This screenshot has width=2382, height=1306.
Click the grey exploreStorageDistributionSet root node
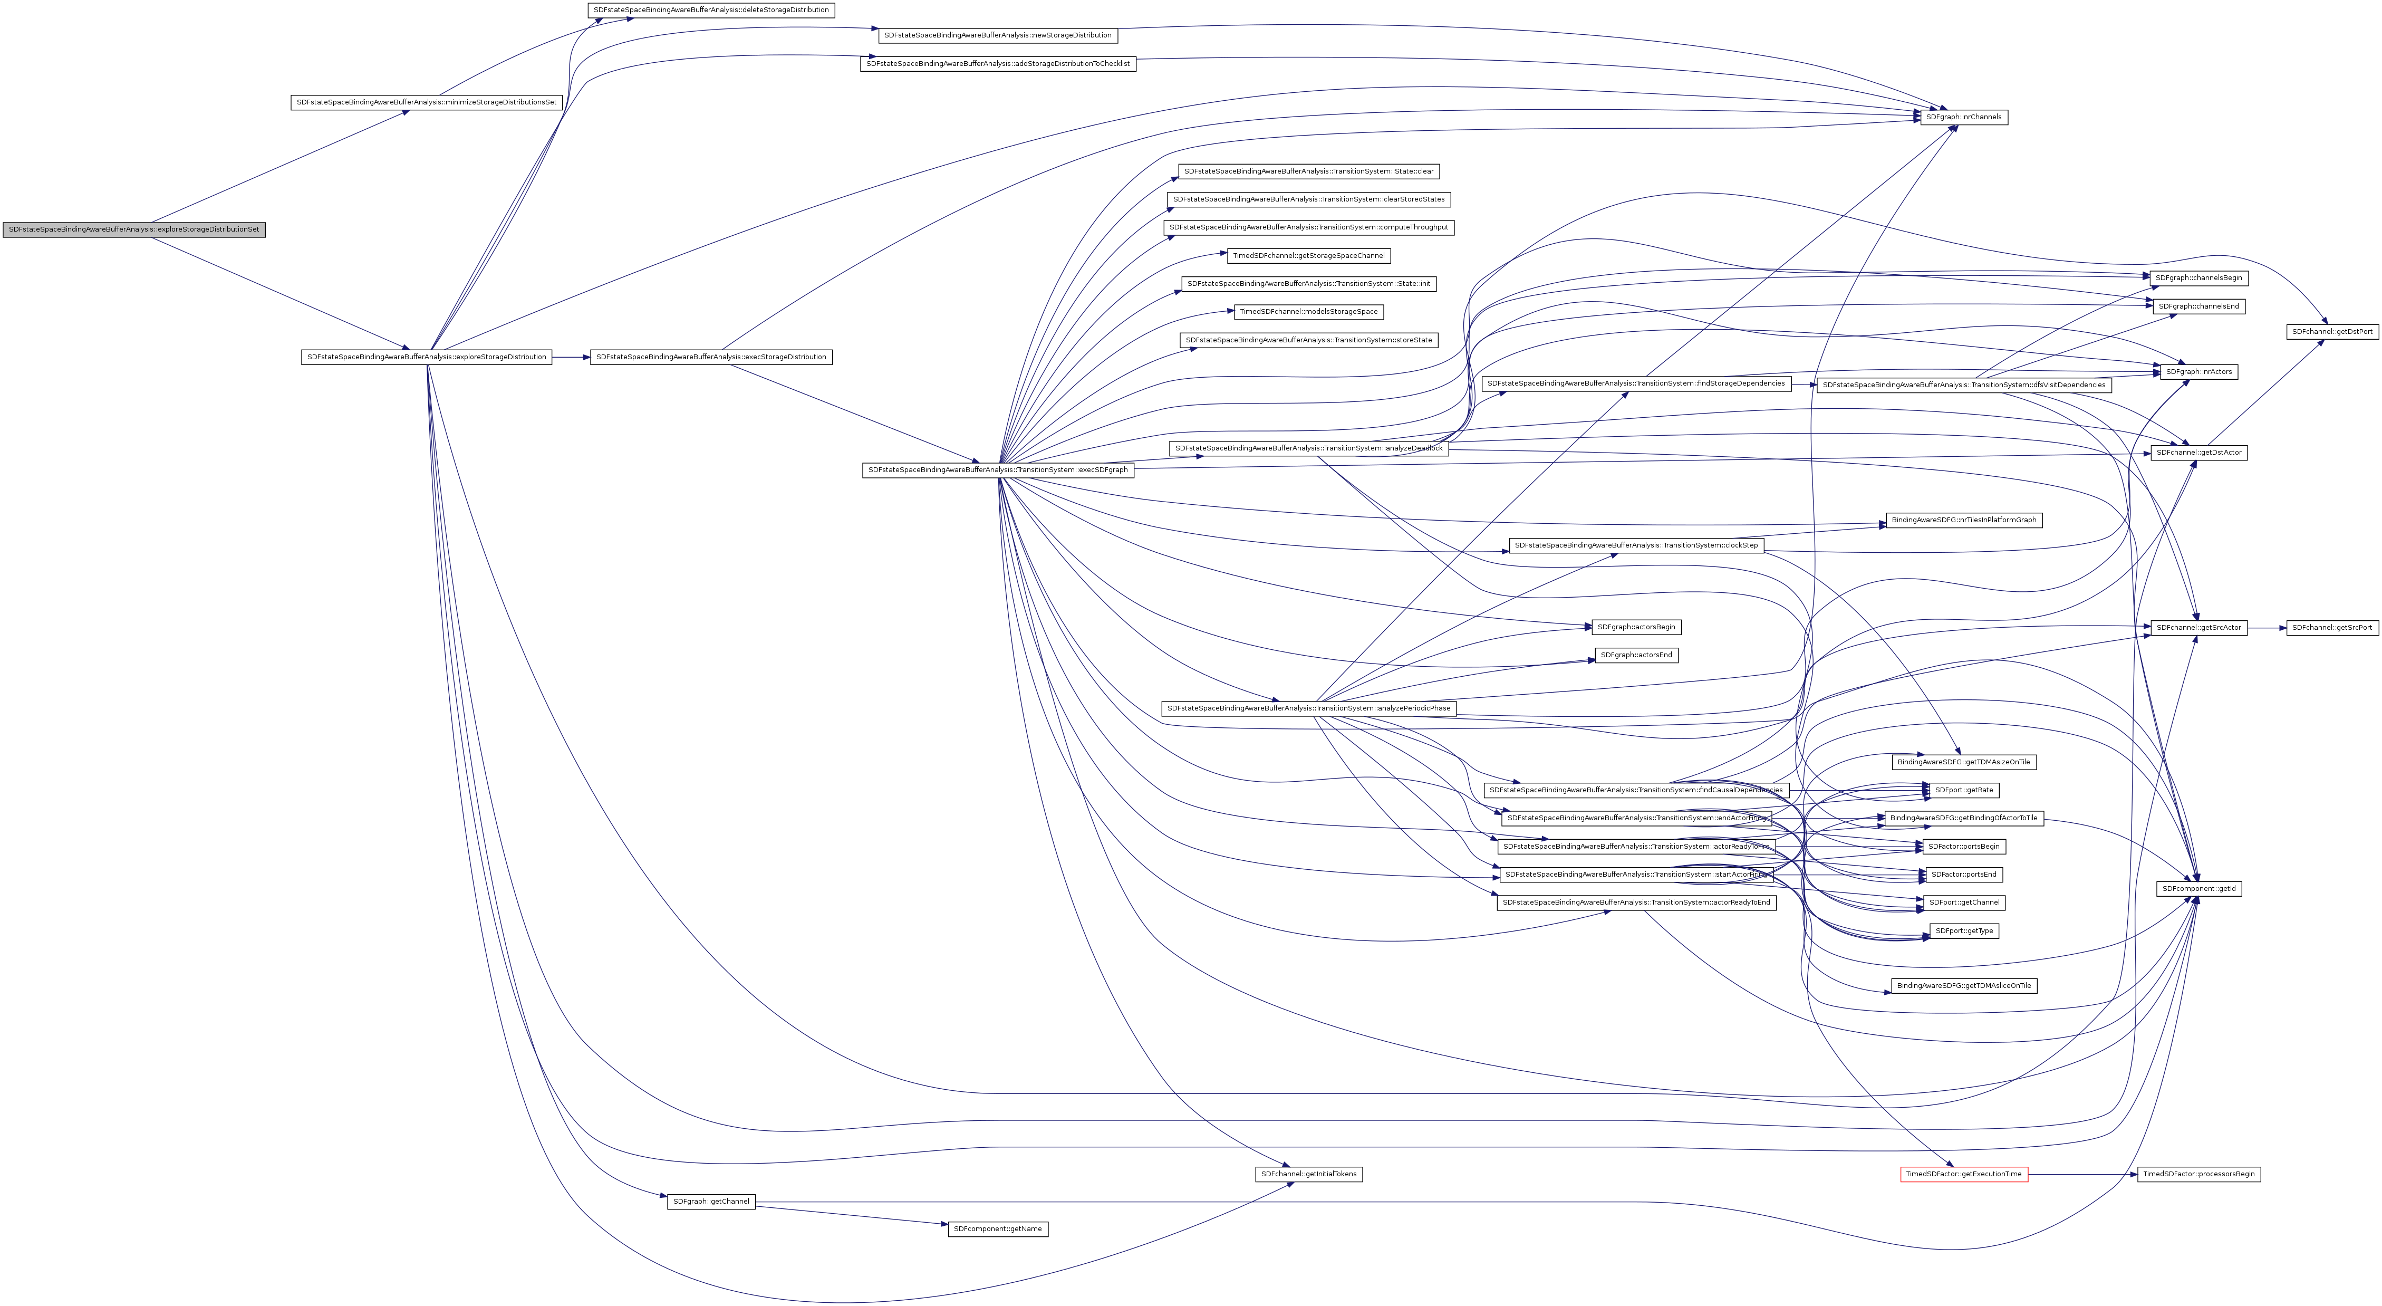tap(134, 229)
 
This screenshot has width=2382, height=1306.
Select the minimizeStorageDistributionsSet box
tap(426, 102)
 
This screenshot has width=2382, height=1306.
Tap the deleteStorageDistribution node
tap(710, 10)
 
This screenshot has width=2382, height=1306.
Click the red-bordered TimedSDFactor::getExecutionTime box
tap(1964, 1174)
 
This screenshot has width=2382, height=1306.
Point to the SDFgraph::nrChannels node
tap(1964, 118)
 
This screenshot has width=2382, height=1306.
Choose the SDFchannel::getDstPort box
tap(2332, 331)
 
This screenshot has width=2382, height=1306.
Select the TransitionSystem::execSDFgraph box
tap(998, 470)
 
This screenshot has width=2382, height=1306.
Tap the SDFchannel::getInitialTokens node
tap(1307, 1174)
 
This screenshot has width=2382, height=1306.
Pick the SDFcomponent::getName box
tap(998, 1229)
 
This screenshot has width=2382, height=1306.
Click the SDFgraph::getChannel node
tap(710, 1202)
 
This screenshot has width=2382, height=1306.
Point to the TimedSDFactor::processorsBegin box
tap(2199, 1174)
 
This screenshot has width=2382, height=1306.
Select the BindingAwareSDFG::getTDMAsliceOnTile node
tap(1964, 986)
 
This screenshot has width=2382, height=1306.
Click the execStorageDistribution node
tap(710, 357)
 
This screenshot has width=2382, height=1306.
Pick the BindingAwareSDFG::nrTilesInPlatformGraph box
tap(1964, 520)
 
